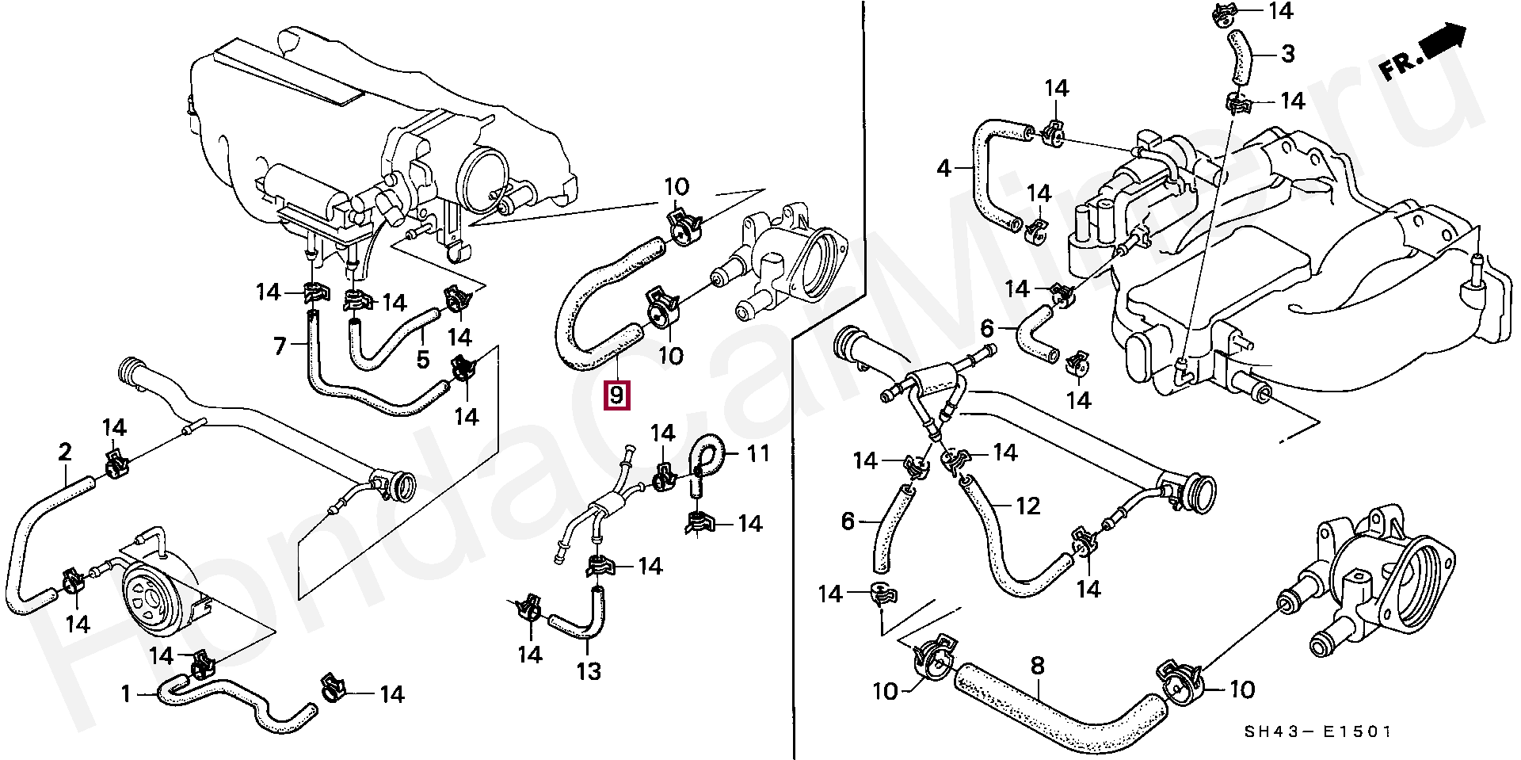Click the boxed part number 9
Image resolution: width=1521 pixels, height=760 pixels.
(617, 394)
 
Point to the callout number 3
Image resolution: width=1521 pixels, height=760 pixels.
(1287, 54)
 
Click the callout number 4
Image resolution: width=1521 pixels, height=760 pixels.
(943, 169)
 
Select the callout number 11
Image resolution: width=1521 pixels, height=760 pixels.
(758, 455)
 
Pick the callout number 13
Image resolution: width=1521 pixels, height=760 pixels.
(589, 672)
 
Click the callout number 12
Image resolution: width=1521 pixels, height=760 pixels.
(1027, 505)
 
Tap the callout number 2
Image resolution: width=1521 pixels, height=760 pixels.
(65, 453)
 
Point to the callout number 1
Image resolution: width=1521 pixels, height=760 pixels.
(125, 695)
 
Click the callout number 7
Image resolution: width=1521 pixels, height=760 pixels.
(279, 346)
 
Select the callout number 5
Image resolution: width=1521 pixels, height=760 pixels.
(422, 360)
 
